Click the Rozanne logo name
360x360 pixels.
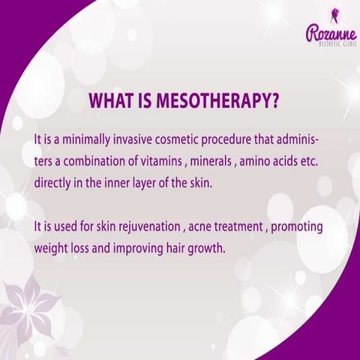[330, 33]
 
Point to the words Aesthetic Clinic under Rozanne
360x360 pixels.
[331, 46]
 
